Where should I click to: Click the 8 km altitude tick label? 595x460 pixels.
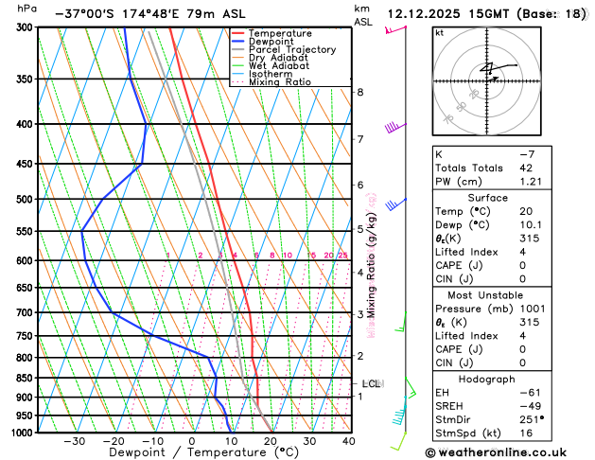(x=360, y=92)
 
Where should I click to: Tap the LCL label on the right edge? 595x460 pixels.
(x=372, y=383)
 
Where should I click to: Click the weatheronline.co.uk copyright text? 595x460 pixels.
(x=501, y=451)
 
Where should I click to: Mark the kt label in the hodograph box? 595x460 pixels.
(x=439, y=33)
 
